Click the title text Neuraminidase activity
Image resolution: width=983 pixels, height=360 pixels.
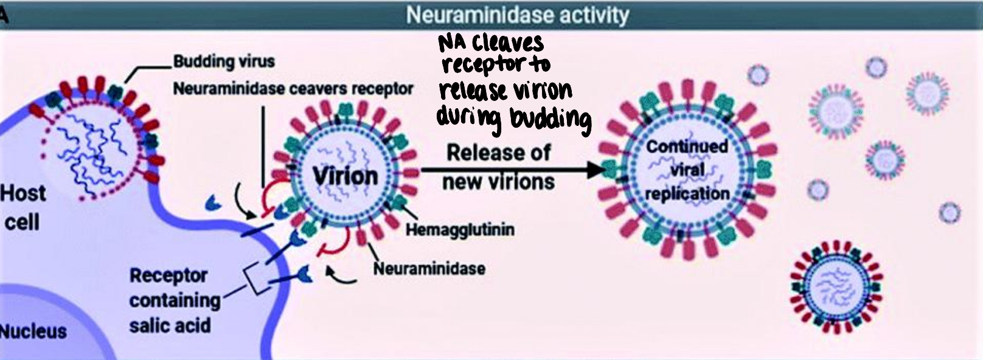click(x=518, y=15)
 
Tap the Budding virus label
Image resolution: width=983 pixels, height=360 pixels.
click(x=224, y=61)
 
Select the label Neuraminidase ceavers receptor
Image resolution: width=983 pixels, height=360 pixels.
click(x=293, y=89)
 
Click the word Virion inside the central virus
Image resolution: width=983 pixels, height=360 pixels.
click(x=345, y=176)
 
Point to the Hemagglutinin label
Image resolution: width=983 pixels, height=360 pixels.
click(x=460, y=230)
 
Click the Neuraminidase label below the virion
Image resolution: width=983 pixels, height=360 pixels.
click(x=429, y=268)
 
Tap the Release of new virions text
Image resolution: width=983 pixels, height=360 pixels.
click(x=499, y=167)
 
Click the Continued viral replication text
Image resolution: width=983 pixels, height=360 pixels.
click(x=687, y=170)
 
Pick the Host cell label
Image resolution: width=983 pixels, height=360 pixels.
click(x=23, y=207)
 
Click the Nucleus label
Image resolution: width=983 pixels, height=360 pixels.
click(x=33, y=331)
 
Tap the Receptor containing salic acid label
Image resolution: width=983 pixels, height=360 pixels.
click(x=174, y=300)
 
